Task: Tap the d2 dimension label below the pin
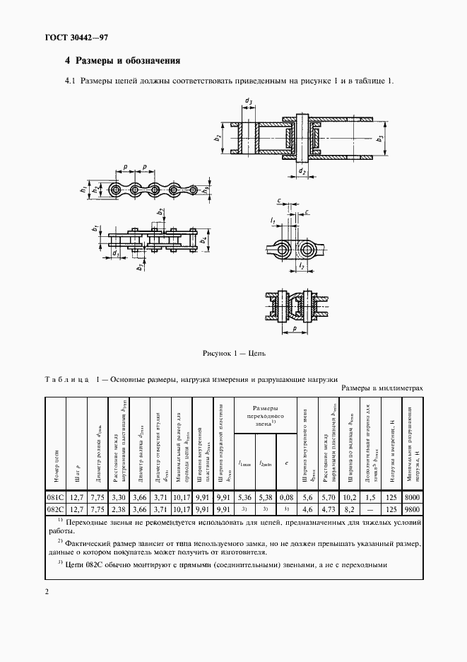302,170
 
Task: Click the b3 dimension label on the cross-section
380,139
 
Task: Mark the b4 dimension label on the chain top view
203,241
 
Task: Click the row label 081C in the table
55,498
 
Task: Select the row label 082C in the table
55,509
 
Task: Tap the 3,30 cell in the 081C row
119,498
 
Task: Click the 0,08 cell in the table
285,498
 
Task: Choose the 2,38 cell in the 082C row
119,509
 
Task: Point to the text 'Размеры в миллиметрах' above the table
382,388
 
